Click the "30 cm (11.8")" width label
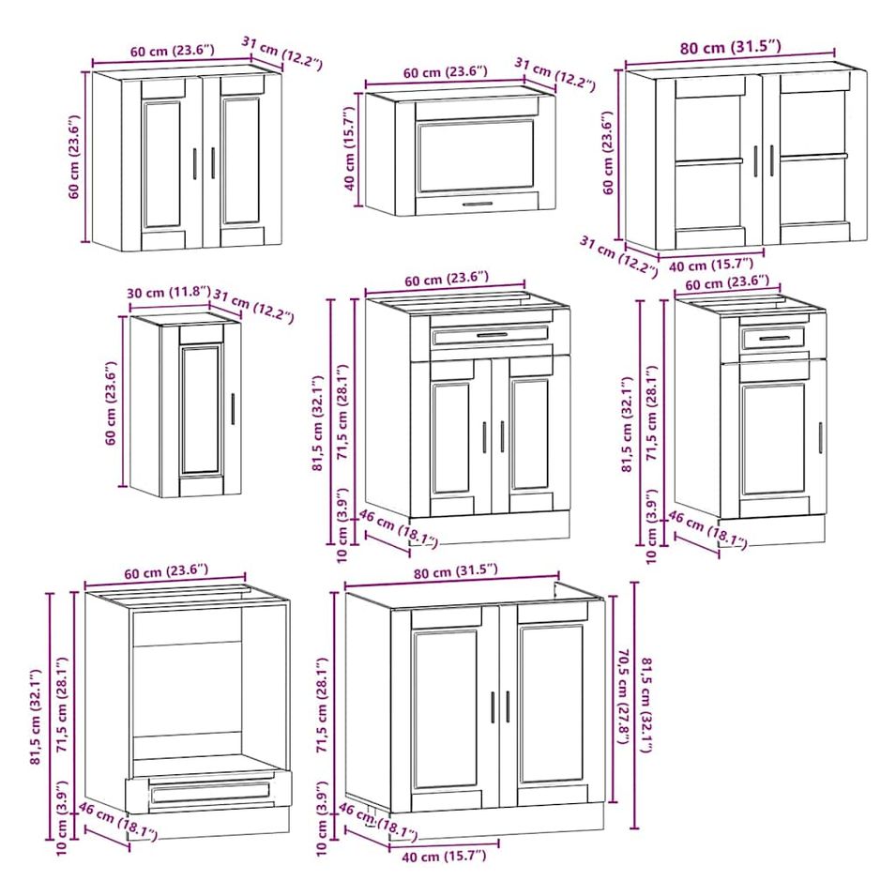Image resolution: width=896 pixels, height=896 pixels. click(x=169, y=293)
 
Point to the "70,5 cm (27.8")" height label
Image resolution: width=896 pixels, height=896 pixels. click(x=623, y=696)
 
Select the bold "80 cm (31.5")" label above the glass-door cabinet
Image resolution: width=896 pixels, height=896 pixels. click(x=730, y=47)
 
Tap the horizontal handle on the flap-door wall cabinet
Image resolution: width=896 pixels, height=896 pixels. click(x=478, y=204)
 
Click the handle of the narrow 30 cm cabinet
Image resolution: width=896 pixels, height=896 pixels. click(x=233, y=408)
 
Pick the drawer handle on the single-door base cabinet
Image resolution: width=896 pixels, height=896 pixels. click(x=774, y=339)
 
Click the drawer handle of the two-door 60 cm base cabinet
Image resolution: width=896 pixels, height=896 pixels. click(x=492, y=336)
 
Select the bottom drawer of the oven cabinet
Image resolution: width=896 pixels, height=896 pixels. click(x=210, y=792)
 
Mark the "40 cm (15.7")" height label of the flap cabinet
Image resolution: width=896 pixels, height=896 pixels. click(x=350, y=149)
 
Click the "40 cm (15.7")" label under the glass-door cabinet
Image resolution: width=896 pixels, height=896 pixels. click(x=711, y=266)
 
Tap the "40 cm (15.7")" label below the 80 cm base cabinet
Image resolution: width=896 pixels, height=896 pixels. click(x=444, y=856)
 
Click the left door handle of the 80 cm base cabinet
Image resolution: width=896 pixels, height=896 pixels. click(x=493, y=708)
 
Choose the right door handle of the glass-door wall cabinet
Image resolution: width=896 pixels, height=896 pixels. click(x=771, y=160)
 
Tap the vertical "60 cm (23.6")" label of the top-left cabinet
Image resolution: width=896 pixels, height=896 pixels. click(x=74, y=157)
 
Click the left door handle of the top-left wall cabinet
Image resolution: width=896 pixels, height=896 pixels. click(x=194, y=163)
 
